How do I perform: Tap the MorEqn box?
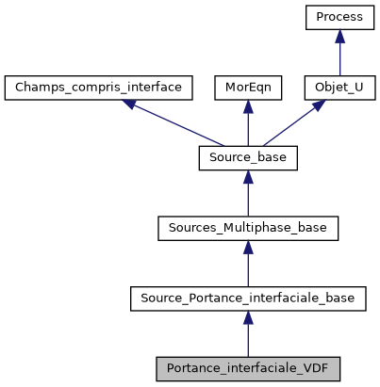(x=247, y=88)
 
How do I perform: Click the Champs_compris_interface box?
(x=99, y=88)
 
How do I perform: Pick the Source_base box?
(x=247, y=157)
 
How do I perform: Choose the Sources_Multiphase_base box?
(x=247, y=228)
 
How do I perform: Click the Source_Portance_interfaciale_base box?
(x=247, y=298)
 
